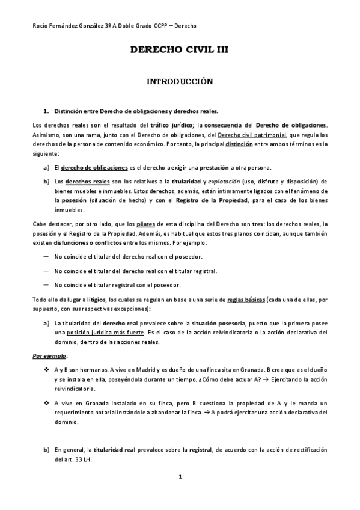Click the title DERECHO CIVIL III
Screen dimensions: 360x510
click(180, 52)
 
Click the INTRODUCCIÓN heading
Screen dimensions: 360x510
click(180, 81)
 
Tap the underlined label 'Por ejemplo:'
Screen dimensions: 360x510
click(43, 355)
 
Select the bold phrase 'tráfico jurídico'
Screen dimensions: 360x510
click(171, 124)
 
